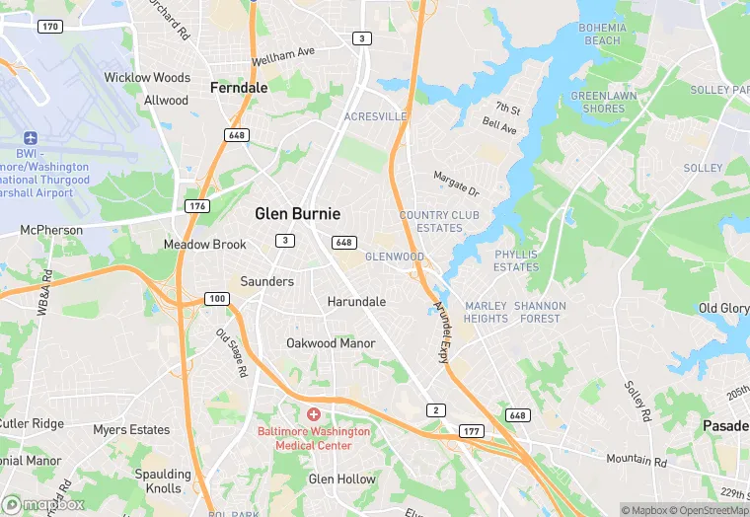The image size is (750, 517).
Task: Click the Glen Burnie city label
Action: pyautogui.click(x=297, y=213)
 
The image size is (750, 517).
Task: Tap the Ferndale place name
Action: pyautogui.click(x=239, y=88)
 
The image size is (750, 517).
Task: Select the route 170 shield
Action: pyautogui.click(x=50, y=26)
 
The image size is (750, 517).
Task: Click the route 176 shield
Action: pyautogui.click(x=196, y=206)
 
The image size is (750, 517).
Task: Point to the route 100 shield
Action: pyautogui.click(x=217, y=298)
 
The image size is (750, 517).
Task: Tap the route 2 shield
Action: pyautogui.click(x=435, y=409)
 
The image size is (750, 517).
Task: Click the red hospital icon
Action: pyautogui.click(x=314, y=414)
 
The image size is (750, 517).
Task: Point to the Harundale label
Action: pyautogui.click(x=356, y=301)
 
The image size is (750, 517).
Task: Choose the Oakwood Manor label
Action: pyautogui.click(x=331, y=343)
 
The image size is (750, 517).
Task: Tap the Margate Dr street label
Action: pyautogui.click(x=456, y=183)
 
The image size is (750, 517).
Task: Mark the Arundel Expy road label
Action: pyautogui.click(x=441, y=332)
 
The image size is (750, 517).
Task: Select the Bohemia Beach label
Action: pyautogui.click(x=601, y=34)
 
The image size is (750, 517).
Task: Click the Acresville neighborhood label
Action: pyautogui.click(x=375, y=116)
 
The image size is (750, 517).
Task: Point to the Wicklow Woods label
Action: pyautogui.click(x=147, y=77)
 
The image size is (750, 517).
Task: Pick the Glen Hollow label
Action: pyautogui.click(x=342, y=480)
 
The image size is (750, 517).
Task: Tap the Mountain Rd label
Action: pyautogui.click(x=637, y=460)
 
